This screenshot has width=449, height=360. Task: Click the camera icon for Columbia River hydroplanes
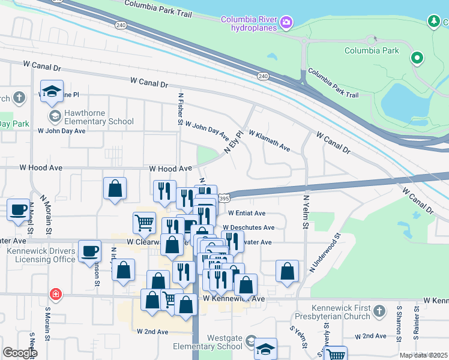click(x=286, y=23)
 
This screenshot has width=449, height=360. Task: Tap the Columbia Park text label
click(x=372, y=50)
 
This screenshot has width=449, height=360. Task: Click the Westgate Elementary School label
click(x=224, y=342)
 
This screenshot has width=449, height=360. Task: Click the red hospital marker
click(x=55, y=294)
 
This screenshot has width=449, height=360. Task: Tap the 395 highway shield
click(x=224, y=198)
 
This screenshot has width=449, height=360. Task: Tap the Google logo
click(x=19, y=353)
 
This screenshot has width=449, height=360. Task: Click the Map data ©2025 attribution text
click(x=423, y=355)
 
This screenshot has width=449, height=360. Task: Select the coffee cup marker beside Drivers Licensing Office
click(x=90, y=252)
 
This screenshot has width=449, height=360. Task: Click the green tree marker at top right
click(x=433, y=22)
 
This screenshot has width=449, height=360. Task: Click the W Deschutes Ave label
click(x=249, y=228)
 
